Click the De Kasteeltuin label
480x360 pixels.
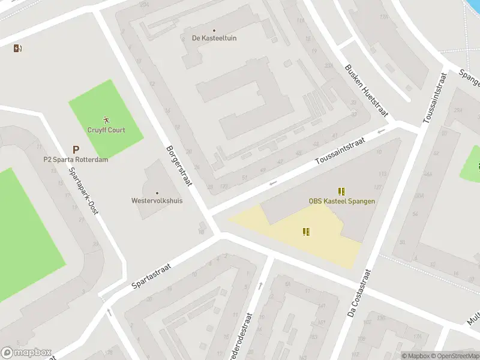pyautogui.click(x=214, y=38)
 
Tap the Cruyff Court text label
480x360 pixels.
pyautogui.click(x=107, y=130)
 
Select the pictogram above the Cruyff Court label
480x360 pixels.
pyautogui.click(x=107, y=120)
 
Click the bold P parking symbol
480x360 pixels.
pyautogui.click(x=76, y=149)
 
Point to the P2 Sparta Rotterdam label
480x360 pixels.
pyautogui.click(x=76, y=160)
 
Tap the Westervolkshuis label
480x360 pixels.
pyautogui.click(x=157, y=201)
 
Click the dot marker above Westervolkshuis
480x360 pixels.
pyautogui.click(x=157, y=193)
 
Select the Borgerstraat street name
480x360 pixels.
pyautogui.click(x=179, y=166)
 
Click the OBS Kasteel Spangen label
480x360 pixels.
pyautogui.click(x=342, y=201)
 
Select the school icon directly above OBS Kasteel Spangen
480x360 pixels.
pyautogui.click(x=341, y=191)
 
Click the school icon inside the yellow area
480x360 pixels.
pyautogui.click(x=307, y=232)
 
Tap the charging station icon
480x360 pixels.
pyautogui.click(x=17, y=49)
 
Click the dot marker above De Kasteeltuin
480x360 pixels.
pyautogui.click(x=214, y=30)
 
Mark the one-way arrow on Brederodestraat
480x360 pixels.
pyautogui.click(x=260, y=286)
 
